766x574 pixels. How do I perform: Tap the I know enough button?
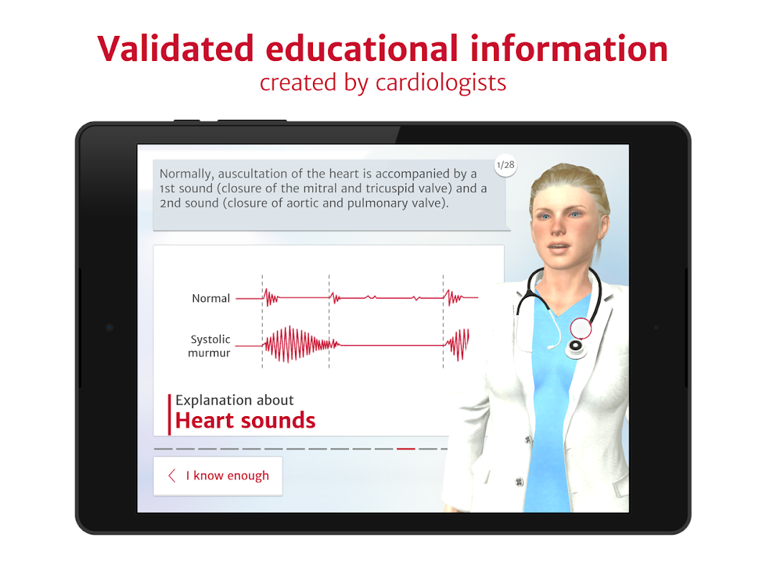click(x=218, y=476)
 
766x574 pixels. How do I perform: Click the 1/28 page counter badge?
click(x=505, y=165)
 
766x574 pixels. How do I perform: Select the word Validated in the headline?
click(x=176, y=49)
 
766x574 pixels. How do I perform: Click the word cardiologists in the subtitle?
click(x=441, y=83)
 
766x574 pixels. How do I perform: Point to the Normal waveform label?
click(x=210, y=298)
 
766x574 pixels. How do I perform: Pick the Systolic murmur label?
click(x=210, y=346)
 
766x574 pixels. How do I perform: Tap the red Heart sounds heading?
click(x=246, y=420)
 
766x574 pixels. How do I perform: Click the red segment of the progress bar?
click(x=406, y=448)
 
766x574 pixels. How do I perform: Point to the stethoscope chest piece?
click(x=576, y=347)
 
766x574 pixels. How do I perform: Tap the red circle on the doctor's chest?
click(x=581, y=329)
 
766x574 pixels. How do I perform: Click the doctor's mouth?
click(x=559, y=247)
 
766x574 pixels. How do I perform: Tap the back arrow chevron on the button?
click(x=172, y=476)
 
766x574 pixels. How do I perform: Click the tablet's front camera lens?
click(x=109, y=327)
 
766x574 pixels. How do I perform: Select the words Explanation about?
click(x=235, y=400)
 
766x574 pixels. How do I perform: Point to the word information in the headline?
click(x=569, y=49)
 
